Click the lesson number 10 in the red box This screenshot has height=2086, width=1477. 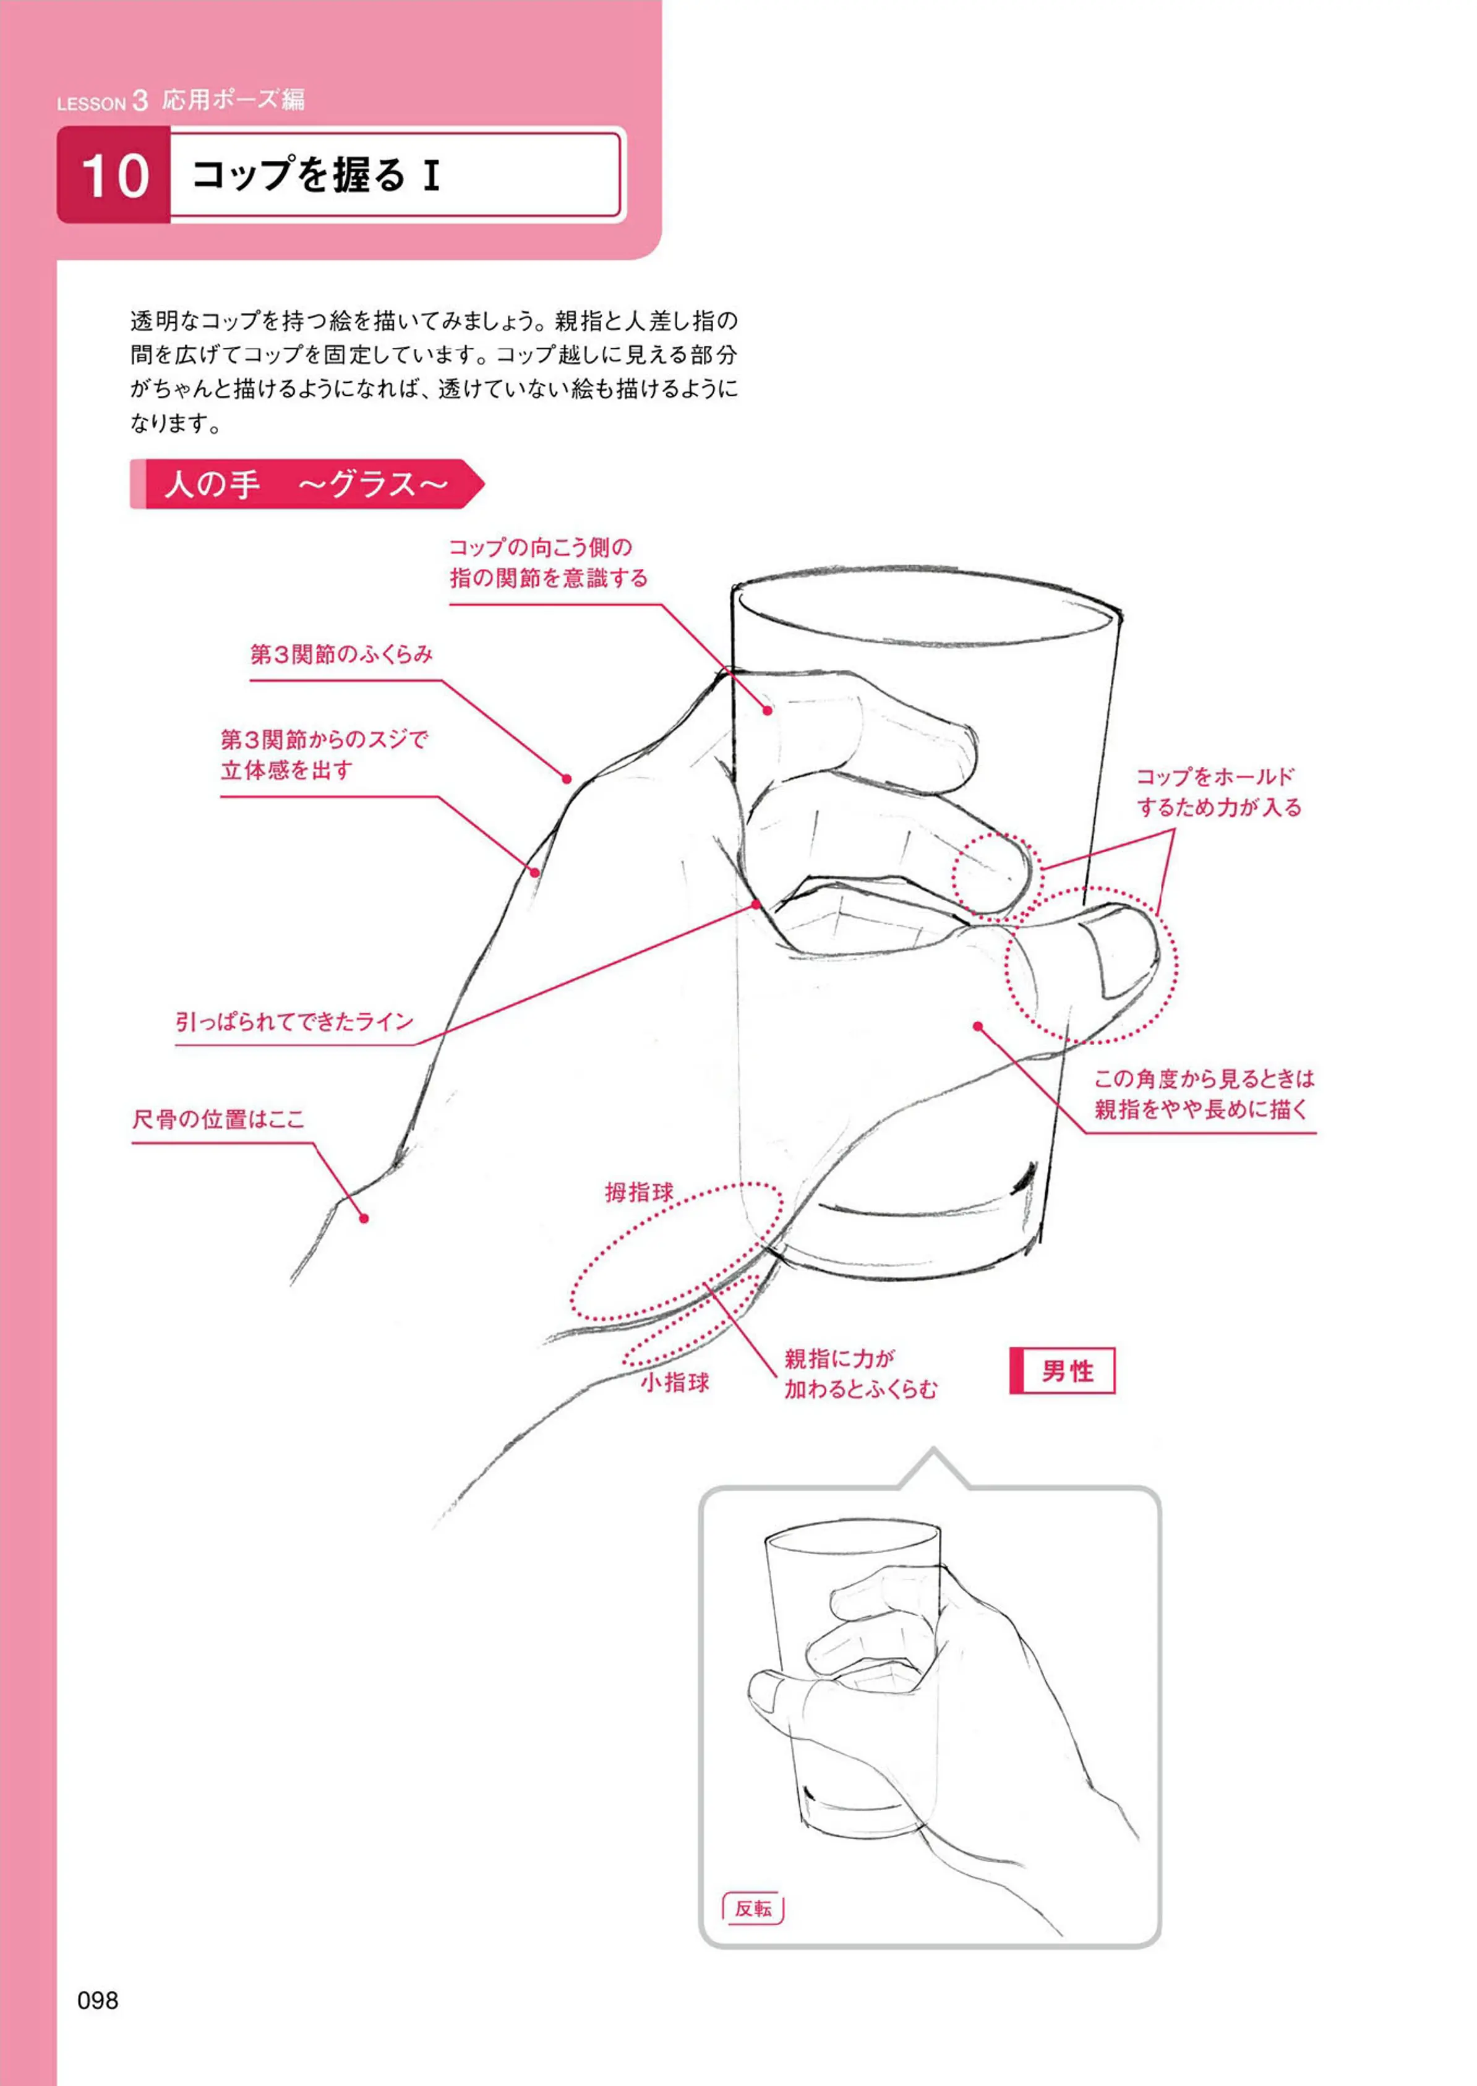[x=114, y=176]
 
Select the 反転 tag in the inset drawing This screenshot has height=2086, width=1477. [x=753, y=1908]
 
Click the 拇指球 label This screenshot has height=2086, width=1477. [x=640, y=1193]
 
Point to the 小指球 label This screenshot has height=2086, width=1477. [x=675, y=1382]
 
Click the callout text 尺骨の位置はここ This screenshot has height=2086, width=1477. [x=218, y=1119]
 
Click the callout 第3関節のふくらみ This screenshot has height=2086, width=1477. [x=341, y=654]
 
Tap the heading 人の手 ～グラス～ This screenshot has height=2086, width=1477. [x=307, y=484]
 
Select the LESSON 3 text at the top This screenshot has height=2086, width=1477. [x=102, y=101]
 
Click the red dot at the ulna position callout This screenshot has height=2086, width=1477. [x=364, y=1218]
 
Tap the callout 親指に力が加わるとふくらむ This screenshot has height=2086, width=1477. [x=860, y=1374]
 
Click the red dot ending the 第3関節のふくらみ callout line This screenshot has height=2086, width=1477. [x=567, y=779]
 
